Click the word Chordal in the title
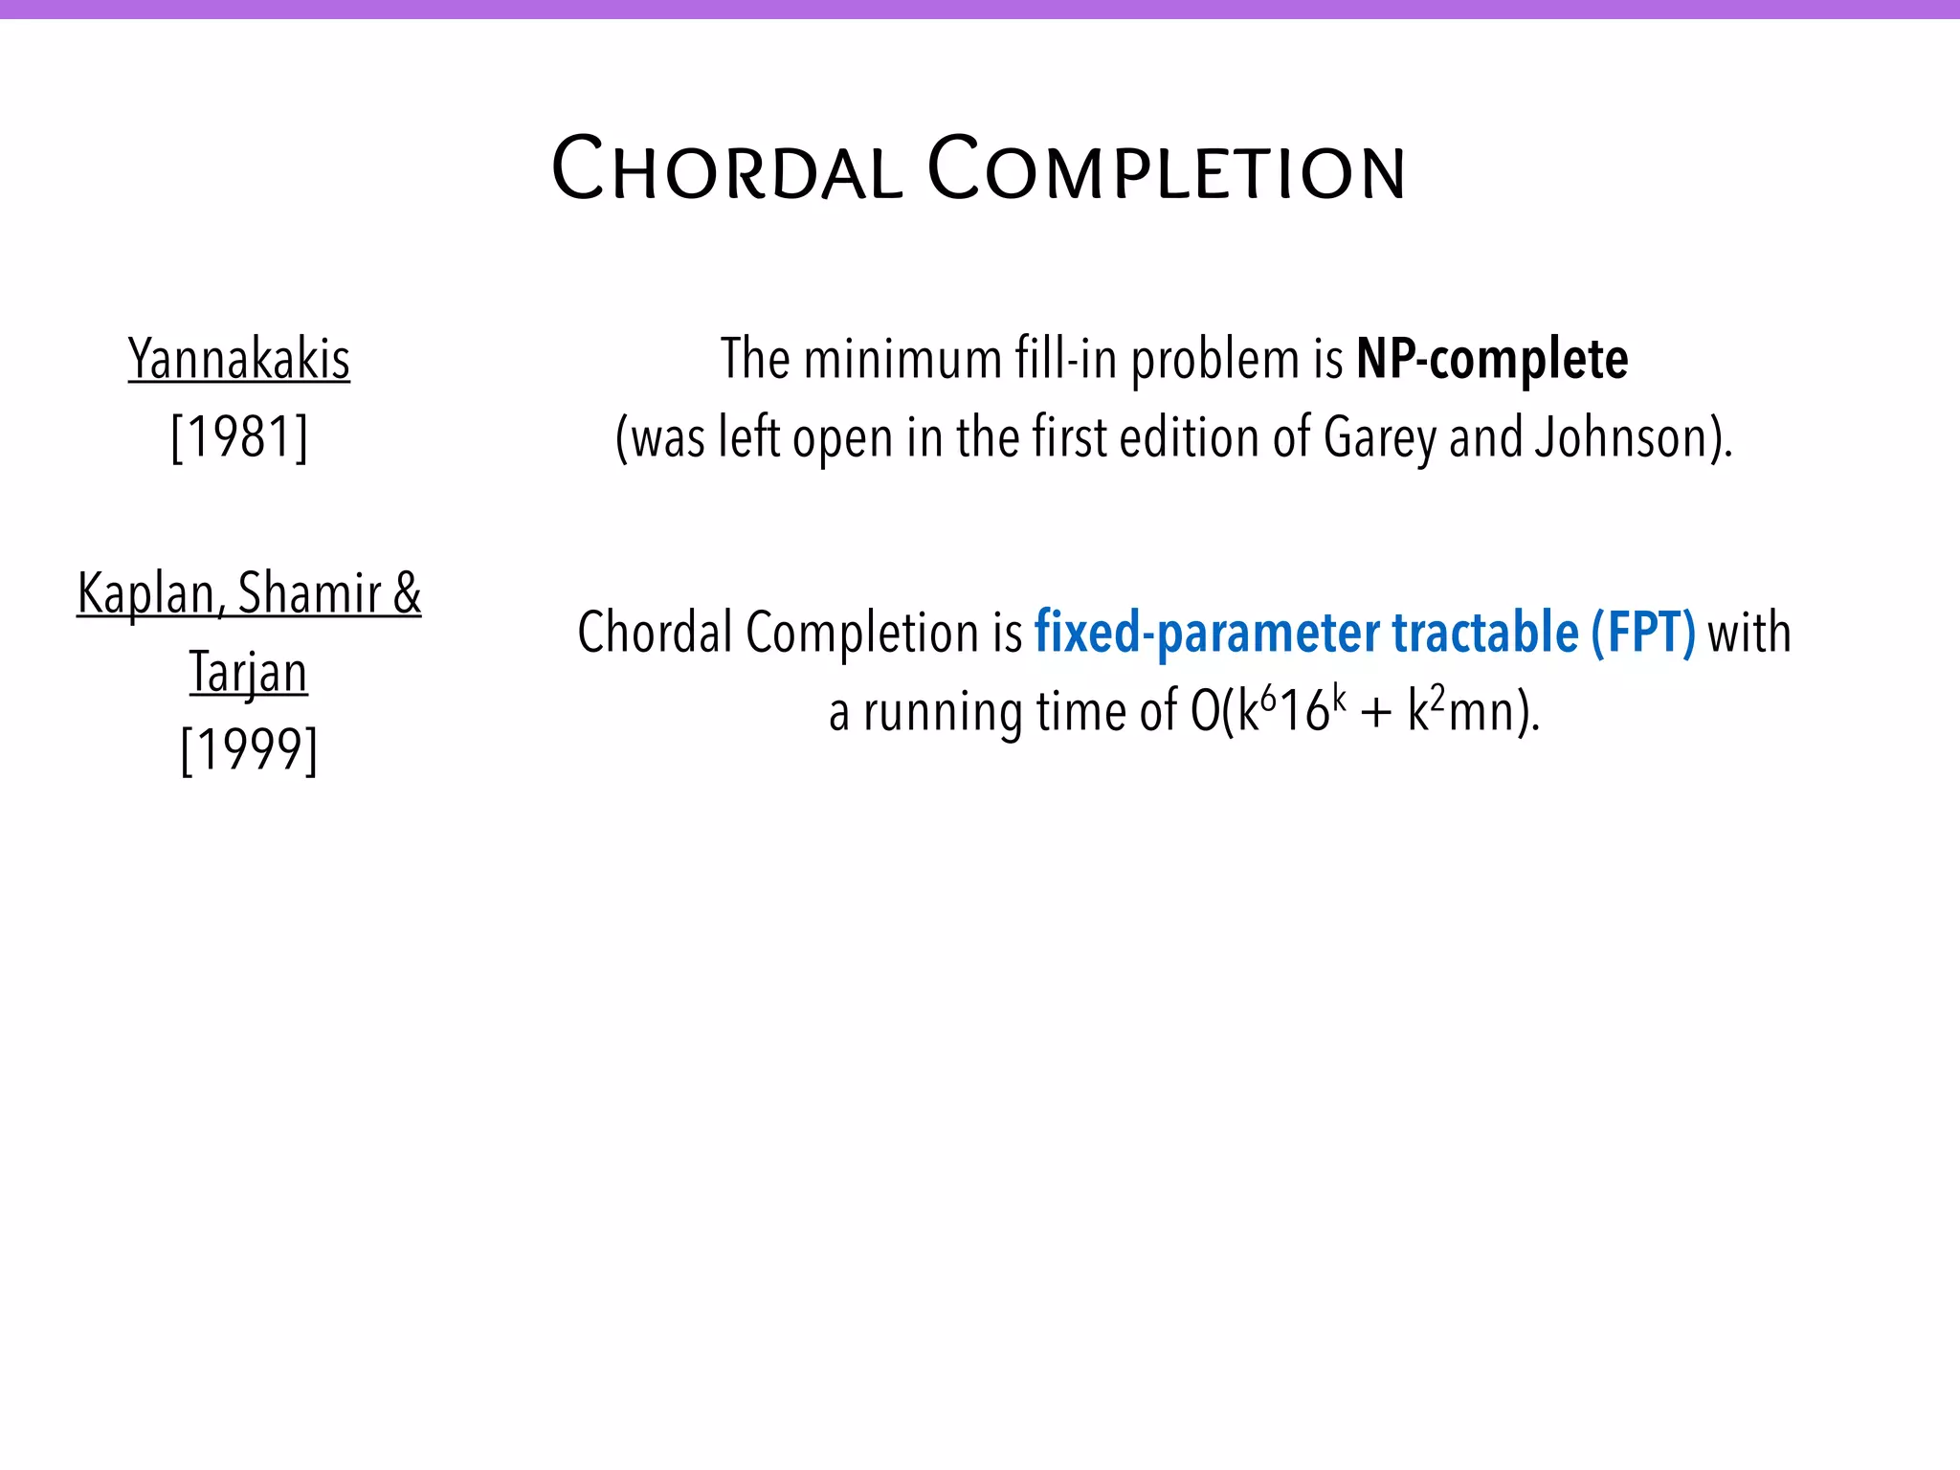point(727,170)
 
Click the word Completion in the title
point(1167,170)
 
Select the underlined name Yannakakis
point(239,360)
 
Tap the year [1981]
point(239,437)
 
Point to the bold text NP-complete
point(1492,360)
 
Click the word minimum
point(903,360)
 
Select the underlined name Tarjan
point(249,672)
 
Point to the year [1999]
point(249,749)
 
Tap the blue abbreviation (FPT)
point(1643,633)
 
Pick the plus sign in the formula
point(1376,715)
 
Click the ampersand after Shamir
point(407,594)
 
